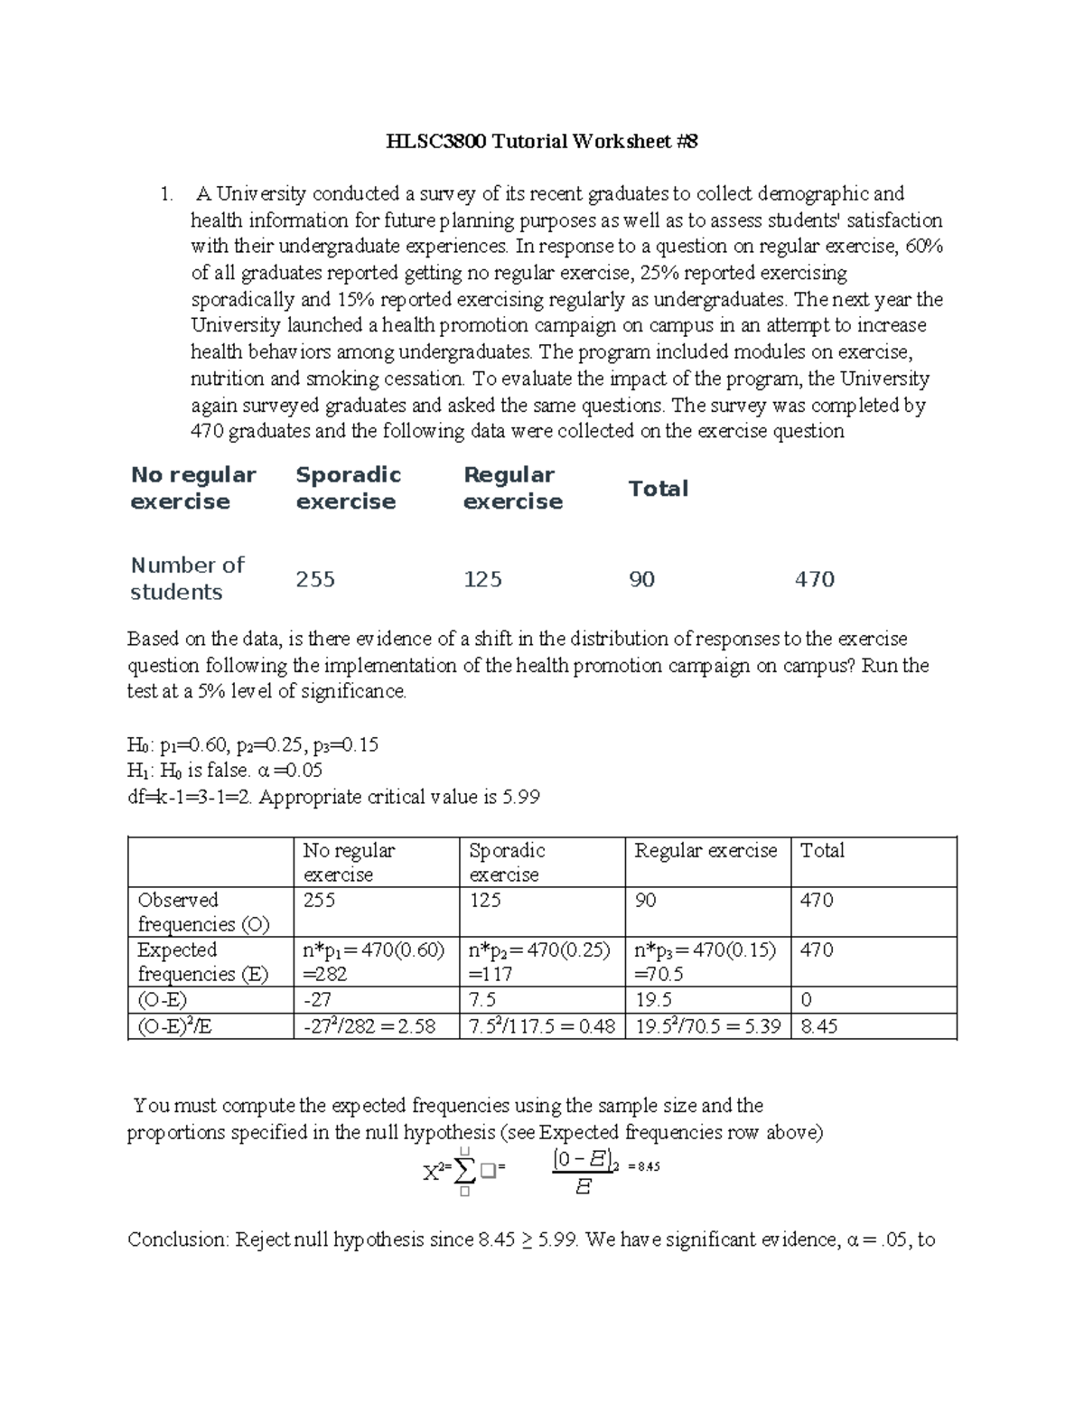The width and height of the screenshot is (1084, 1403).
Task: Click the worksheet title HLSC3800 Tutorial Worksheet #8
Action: (x=542, y=142)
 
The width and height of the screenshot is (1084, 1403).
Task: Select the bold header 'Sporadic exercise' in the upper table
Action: (x=348, y=488)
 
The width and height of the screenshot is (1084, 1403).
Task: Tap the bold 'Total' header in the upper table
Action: (x=658, y=489)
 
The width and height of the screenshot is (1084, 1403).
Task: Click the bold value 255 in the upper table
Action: (x=315, y=579)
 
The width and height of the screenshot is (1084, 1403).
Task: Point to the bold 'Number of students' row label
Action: (x=187, y=578)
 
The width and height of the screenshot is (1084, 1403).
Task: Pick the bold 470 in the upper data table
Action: (x=814, y=579)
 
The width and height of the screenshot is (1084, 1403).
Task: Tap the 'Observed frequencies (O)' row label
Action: (x=202, y=912)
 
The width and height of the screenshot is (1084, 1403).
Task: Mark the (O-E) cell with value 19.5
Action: (x=653, y=1000)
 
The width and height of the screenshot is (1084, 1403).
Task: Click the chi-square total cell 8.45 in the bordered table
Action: (x=818, y=1026)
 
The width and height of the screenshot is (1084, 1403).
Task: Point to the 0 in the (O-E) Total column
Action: (x=807, y=1000)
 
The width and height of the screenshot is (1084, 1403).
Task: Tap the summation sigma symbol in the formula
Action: (x=464, y=1172)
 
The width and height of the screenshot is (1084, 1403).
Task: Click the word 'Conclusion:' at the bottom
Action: (x=178, y=1239)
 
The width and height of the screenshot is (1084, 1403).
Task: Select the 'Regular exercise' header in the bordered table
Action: (x=706, y=851)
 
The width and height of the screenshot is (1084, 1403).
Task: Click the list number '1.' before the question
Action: (x=165, y=194)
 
